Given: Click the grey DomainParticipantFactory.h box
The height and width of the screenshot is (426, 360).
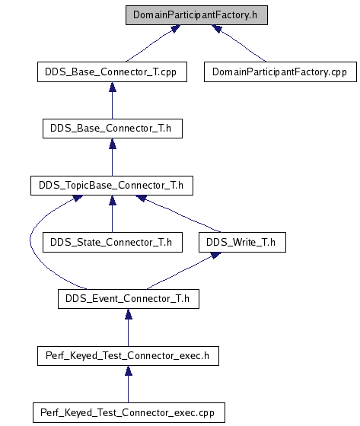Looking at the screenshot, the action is [x=196, y=15].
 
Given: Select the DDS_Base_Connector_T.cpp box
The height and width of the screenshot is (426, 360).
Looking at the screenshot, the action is [x=112, y=72].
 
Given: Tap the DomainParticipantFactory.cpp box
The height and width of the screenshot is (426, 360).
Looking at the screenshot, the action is [x=280, y=72].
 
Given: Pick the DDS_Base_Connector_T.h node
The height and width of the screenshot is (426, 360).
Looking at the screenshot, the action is [x=113, y=129].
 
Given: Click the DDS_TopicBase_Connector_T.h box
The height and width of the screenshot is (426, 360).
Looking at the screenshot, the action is [x=112, y=186].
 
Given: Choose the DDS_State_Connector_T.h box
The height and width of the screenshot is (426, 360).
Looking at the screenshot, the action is [x=113, y=242].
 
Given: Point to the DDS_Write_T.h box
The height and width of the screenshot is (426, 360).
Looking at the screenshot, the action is [x=242, y=242].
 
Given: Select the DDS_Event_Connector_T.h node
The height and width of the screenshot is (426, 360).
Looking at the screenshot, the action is [x=129, y=299].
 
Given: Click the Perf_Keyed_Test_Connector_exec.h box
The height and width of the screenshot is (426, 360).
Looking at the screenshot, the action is [x=128, y=356].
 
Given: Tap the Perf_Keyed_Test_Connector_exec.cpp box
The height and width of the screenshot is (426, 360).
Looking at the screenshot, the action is [x=129, y=412].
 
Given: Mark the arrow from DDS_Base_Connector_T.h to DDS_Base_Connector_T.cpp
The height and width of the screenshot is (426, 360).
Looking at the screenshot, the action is [x=113, y=100].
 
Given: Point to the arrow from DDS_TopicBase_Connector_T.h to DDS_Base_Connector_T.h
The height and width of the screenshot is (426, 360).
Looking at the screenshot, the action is [x=113, y=157].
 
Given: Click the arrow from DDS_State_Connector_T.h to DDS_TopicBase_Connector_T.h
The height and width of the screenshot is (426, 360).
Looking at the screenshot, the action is [x=113, y=214].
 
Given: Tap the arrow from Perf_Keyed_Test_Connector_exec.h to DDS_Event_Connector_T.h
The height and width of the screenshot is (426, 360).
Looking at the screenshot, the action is [x=129, y=328].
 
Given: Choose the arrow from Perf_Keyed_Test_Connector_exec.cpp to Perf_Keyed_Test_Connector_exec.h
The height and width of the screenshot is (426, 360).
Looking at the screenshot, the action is [x=129, y=384].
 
